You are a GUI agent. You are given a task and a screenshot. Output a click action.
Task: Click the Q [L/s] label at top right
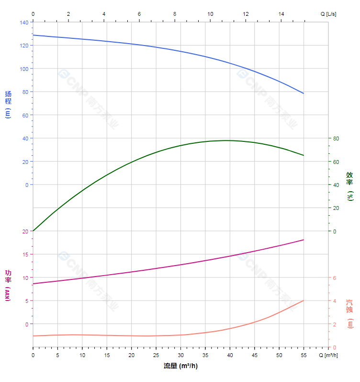tap(328, 14)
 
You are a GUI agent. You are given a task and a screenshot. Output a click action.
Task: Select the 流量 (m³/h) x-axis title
tap(180, 366)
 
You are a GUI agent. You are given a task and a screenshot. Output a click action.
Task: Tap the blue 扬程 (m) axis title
tap(8, 104)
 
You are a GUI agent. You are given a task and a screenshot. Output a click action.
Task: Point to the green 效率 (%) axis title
tap(350, 185)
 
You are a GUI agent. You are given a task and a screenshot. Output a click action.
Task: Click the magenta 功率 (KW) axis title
tap(8, 285)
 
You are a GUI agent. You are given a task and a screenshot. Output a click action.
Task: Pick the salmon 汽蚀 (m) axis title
tap(350, 314)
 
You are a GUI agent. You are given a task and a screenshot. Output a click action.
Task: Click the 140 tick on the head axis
tap(24, 23)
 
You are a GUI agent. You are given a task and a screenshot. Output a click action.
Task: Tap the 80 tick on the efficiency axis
tap(336, 139)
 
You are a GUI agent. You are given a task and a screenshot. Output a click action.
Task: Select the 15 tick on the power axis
tap(25, 255)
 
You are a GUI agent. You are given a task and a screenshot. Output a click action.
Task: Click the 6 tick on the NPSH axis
tap(335, 278)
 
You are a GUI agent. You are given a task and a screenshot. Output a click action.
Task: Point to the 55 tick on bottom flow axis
tap(304, 355)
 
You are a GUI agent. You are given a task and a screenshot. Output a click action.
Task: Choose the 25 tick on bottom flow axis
tap(156, 355)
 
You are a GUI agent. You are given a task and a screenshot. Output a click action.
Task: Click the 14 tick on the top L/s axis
tap(281, 14)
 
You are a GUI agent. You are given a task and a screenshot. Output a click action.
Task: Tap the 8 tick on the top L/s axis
tap(175, 14)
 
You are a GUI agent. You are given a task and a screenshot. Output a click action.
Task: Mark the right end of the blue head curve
tap(304, 93)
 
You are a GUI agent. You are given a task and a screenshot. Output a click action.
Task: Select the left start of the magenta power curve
tap(33, 284)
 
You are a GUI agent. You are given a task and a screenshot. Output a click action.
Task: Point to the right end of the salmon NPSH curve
tap(304, 301)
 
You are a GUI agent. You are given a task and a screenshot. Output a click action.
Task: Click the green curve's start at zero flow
tap(33, 231)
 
